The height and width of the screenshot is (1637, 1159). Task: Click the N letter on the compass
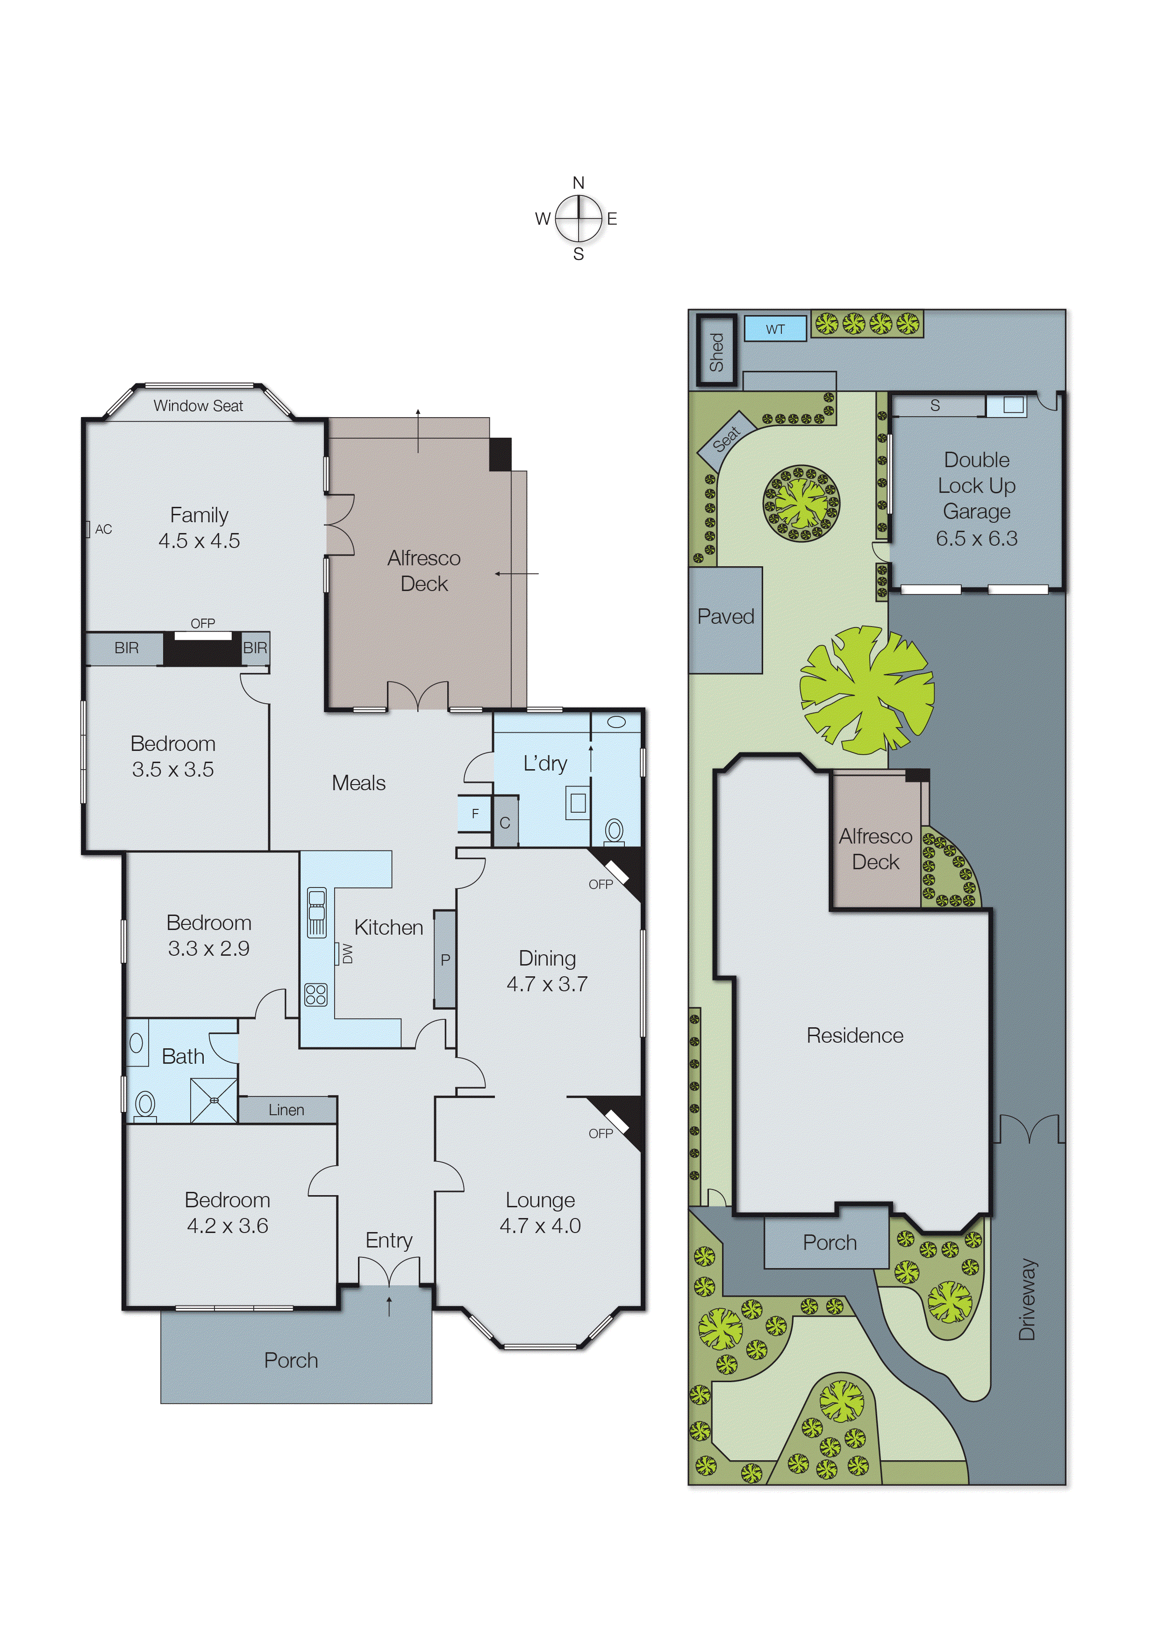(x=578, y=183)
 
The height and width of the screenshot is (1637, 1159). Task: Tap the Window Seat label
(x=199, y=405)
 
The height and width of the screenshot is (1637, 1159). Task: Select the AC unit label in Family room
(x=103, y=529)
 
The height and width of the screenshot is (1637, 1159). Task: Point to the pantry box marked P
(x=444, y=959)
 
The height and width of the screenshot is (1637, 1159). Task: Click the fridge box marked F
(x=475, y=814)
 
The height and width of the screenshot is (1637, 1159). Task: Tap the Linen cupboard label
(x=286, y=1110)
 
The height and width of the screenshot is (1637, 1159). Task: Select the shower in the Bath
(x=214, y=1100)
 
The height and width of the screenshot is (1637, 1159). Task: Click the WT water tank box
(x=775, y=329)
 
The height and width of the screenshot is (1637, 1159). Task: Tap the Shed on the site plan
(x=716, y=351)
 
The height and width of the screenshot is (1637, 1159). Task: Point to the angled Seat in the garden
(x=727, y=436)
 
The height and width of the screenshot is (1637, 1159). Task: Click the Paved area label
(x=725, y=616)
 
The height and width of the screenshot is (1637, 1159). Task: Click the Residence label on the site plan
(x=854, y=1035)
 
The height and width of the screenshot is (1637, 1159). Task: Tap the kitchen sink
(x=316, y=912)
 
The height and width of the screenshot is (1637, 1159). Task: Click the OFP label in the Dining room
(x=600, y=884)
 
